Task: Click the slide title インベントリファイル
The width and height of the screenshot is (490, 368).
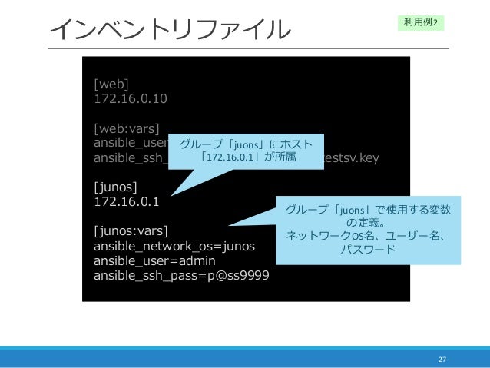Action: pos(171,30)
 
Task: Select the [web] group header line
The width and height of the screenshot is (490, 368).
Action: pos(111,84)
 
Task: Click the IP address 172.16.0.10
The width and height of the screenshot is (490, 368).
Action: pos(130,98)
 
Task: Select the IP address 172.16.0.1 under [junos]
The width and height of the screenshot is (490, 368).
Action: pos(126,202)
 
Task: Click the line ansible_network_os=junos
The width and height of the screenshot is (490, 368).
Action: pos(174,246)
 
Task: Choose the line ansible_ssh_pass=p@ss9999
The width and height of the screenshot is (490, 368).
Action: pos(180,275)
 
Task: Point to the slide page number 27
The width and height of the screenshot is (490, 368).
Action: pos(442,358)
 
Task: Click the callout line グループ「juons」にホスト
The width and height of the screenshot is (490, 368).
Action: pos(250,144)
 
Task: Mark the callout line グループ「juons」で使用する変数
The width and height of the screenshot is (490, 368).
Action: pos(368,209)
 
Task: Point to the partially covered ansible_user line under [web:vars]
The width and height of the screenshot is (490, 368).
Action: pos(134,143)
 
